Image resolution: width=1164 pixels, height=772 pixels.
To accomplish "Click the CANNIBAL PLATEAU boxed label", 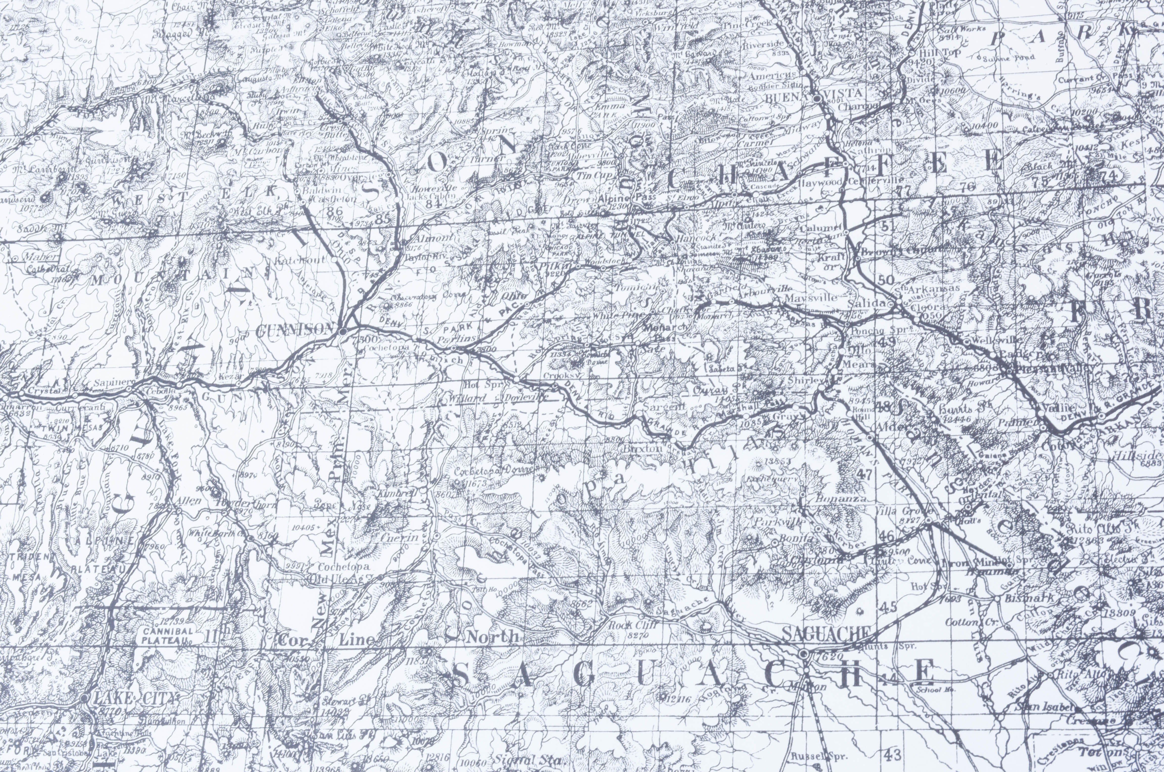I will pos(167,635).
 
